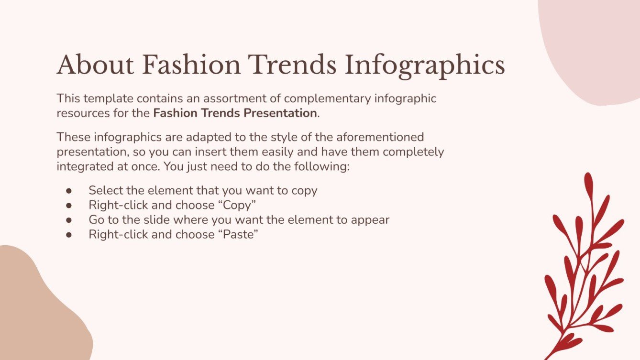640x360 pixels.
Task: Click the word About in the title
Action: pos(95,65)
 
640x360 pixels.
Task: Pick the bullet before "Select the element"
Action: pos(69,190)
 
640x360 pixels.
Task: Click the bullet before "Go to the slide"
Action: pos(69,220)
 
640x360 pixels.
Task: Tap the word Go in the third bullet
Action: pos(96,220)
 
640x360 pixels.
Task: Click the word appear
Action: pos(370,220)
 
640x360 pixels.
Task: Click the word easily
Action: pos(308,153)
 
